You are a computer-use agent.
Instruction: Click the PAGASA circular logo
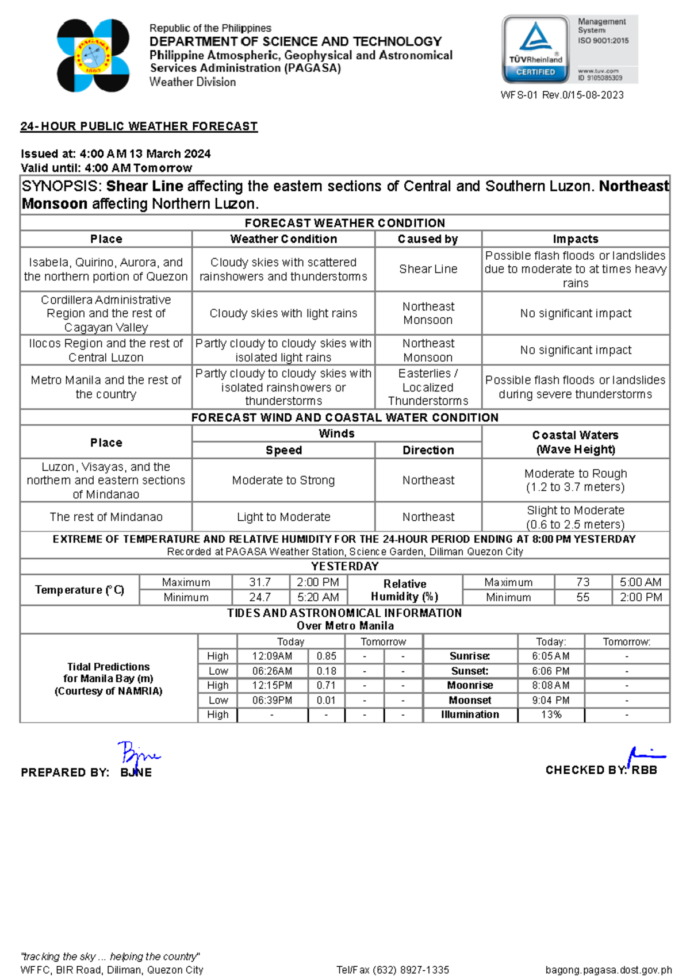point(93,56)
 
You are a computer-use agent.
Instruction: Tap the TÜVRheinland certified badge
point(535,49)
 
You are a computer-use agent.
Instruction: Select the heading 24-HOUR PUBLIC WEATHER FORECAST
point(139,126)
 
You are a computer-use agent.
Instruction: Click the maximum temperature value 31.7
point(260,582)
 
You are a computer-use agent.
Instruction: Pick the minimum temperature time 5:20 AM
point(318,597)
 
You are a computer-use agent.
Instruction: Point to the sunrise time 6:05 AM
point(550,656)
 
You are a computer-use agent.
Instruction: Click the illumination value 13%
point(551,714)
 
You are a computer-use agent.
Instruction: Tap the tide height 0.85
point(326,656)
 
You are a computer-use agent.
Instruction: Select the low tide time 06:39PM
point(272,700)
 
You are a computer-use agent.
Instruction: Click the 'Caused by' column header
point(428,239)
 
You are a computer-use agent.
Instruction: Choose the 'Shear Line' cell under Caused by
point(428,269)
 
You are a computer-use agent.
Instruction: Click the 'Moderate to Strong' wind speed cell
point(283,480)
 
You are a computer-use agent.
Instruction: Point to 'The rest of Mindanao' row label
point(106,517)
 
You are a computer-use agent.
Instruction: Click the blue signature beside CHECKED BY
point(645,756)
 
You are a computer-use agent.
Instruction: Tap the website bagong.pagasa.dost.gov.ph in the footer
point(608,970)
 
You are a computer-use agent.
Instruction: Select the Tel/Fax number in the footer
point(393,970)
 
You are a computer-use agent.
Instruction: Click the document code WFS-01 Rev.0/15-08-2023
point(562,95)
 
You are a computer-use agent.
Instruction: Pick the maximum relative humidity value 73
point(582,582)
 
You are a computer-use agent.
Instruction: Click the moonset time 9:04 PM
point(550,700)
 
